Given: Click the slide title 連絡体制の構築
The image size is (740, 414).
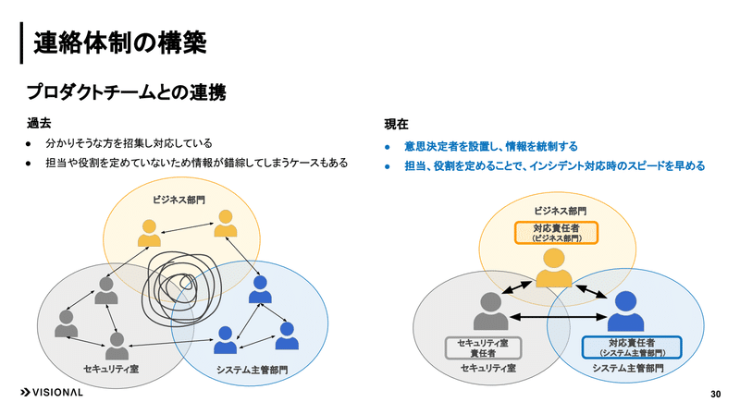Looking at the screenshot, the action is pos(120,43).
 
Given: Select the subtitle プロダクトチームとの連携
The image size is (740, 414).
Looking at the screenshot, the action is pos(126,91).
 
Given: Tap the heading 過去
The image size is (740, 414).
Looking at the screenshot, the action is pos(39,123).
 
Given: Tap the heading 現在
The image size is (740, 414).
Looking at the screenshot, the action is pos(396,124).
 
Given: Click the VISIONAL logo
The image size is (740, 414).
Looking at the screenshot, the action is pos(52,393).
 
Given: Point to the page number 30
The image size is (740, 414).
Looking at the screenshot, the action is pos(715,395).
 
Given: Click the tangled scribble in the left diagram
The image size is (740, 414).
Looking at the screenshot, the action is pos(181,288).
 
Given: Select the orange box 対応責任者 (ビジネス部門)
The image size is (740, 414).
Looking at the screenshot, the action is pos(556,233).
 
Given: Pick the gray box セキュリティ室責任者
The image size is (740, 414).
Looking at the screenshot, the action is pos(483,348).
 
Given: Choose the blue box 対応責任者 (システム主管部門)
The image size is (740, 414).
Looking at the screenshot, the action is pos(632,347).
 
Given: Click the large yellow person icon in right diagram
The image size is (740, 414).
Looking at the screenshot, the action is pos(553,268).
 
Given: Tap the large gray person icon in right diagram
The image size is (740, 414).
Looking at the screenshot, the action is pos(491,310).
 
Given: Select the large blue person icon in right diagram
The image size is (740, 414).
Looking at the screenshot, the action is pos(625,310).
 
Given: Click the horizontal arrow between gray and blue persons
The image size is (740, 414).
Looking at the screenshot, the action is pos(558,317).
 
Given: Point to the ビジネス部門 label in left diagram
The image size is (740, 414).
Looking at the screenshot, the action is pos(179,200).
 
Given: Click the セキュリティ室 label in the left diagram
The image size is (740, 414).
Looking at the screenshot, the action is pos(111,369).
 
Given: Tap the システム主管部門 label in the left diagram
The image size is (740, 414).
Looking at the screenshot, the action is pos(252,370).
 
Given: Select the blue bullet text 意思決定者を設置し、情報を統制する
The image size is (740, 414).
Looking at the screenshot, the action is pos(491,147).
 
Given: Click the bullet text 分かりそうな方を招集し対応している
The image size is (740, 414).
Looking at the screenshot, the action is pos(129,143).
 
